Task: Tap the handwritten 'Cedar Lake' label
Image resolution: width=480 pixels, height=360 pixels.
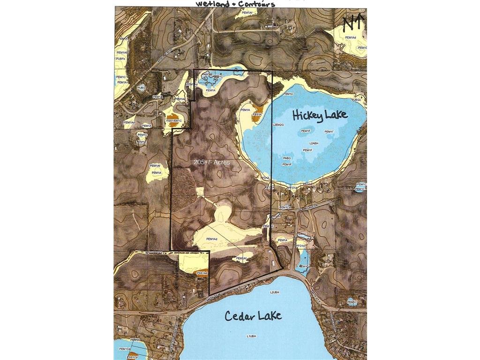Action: tap(253, 315)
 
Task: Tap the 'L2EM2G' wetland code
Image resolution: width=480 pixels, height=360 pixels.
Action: tap(278, 125)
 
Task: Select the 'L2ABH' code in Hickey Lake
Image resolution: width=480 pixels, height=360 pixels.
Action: tap(314, 143)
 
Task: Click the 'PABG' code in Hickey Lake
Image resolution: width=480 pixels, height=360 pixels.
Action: tap(287, 158)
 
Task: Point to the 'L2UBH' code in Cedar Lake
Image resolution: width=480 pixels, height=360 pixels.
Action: tap(275, 292)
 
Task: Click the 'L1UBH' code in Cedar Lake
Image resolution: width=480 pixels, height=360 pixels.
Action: tap(251, 336)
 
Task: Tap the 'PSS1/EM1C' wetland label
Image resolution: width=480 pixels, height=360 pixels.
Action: tap(173, 121)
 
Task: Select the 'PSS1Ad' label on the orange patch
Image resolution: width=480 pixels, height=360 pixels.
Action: tap(202, 273)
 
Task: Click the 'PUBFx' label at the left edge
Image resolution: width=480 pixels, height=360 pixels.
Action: tap(120, 59)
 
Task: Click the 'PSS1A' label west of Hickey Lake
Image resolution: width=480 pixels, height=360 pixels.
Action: tap(257, 114)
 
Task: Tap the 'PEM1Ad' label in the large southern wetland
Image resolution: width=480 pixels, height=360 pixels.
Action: tap(212, 240)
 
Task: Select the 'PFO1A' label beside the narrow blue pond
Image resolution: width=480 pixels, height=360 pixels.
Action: tap(300, 246)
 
